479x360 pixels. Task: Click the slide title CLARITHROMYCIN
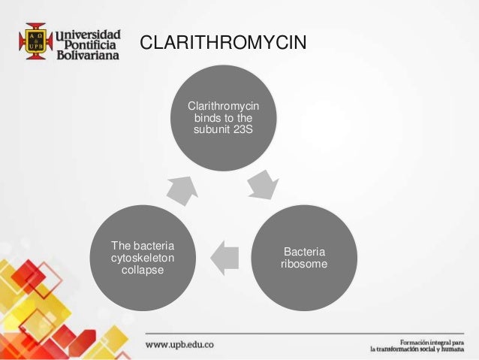224,44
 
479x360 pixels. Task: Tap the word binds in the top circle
208,119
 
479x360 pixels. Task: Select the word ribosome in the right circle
303,264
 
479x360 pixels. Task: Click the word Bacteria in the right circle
304,252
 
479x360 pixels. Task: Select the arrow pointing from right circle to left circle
224,257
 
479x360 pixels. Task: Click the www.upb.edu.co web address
180,344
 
